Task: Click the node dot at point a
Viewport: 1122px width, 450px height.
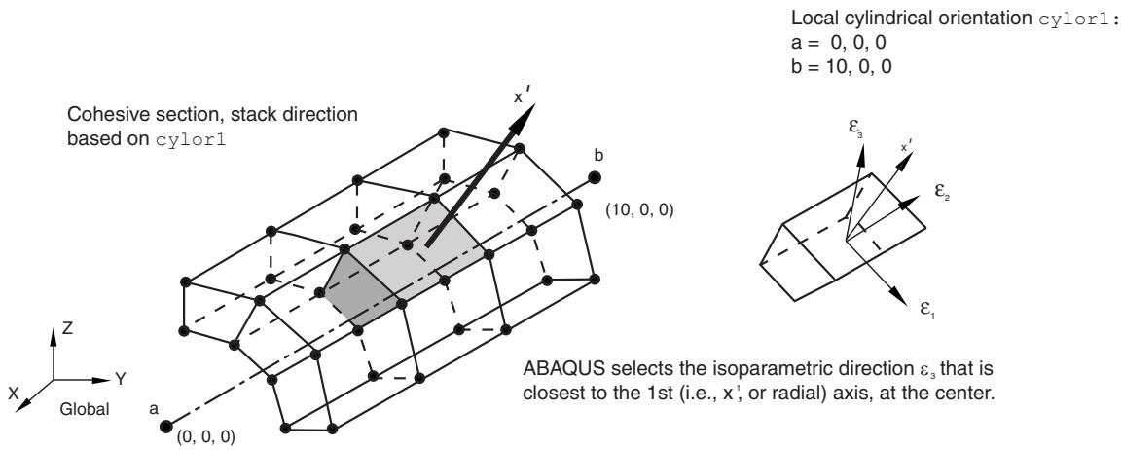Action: (x=166, y=427)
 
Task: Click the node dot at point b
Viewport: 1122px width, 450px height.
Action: (x=594, y=177)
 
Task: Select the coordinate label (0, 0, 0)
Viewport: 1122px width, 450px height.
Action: (x=206, y=435)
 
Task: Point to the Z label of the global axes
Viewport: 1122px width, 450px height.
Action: (x=66, y=329)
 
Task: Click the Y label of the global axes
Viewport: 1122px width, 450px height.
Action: (x=121, y=379)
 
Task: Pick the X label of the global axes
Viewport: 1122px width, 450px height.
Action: (x=13, y=393)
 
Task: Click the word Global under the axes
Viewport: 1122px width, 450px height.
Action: (x=86, y=410)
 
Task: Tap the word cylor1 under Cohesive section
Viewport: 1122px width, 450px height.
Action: (x=190, y=139)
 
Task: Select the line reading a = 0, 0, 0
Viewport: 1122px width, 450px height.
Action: (x=840, y=42)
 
